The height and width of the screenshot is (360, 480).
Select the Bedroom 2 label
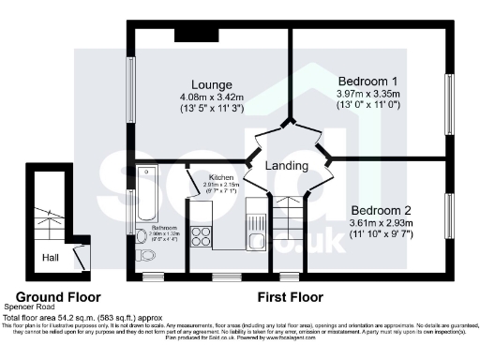coord(382,210)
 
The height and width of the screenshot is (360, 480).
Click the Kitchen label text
coord(221,176)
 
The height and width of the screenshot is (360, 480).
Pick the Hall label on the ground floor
coord(52,254)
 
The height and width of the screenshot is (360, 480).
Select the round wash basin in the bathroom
coord(142,235)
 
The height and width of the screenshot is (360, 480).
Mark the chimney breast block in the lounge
coord(198,35)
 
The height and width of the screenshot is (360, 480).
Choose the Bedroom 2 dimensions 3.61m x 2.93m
coord(382,223)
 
